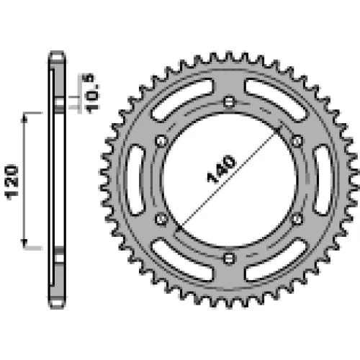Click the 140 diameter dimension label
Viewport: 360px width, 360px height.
(x=221, y=168)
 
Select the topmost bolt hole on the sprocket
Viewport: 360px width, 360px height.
(x=229, y=102)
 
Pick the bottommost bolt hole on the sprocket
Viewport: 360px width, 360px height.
(x=229, y=258)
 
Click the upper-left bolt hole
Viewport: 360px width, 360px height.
(x=161, y=141)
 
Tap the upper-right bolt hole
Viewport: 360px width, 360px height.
(x=297, y=141)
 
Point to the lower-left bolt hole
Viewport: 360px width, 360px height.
(x=161, y=219)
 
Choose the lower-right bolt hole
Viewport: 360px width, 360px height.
(x=297, y=219)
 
